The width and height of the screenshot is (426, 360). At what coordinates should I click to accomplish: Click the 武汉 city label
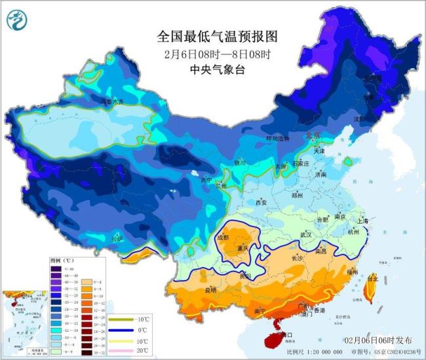point(306,234)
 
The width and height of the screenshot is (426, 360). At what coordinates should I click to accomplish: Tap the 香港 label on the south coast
point(319,310)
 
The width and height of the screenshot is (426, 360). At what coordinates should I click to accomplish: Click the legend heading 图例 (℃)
point(62,260)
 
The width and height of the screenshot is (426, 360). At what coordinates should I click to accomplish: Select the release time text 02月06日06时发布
point(378,341)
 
